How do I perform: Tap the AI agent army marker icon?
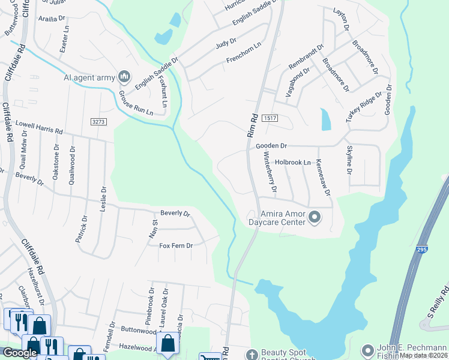(x=125, y=76)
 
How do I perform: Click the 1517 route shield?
(x=270, y=119)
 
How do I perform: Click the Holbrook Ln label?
(x=293, y=163)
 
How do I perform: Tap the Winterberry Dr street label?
(x=269, y=172)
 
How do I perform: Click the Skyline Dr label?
(x=349, y=160)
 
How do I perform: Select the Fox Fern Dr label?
(x=176, y=246)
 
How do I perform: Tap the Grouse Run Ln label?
(x=135, y=103)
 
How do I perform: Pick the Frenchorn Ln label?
(x=244, y=53)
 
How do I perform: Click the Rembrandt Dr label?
(x=306, y=56)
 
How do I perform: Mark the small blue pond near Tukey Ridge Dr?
(x=326, y=119)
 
